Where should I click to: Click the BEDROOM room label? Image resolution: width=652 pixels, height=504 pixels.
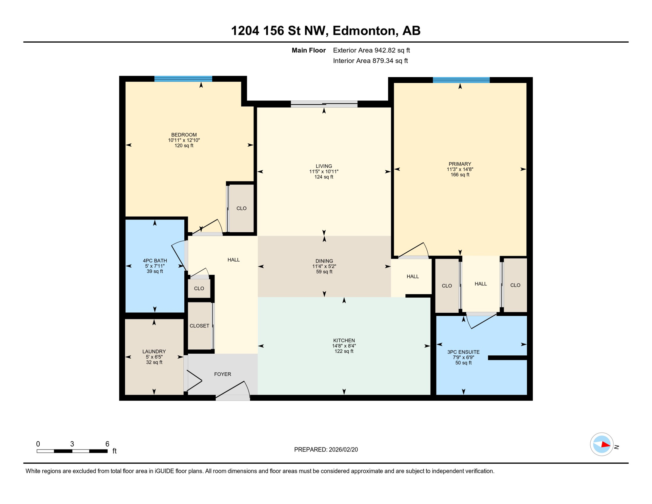[x=184, y=135]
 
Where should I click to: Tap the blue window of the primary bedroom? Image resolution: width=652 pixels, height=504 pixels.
[x=461, y=80]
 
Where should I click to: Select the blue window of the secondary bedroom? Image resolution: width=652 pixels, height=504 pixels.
[x=183, y=78]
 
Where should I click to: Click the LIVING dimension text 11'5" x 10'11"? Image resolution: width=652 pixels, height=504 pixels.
[x=324, y=172]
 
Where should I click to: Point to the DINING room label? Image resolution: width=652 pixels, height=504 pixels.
[x=324, y=261]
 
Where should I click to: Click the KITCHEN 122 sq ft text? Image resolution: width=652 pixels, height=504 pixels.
[x=344, y=351]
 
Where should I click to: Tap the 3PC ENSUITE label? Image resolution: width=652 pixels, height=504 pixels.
[x=463, y=352]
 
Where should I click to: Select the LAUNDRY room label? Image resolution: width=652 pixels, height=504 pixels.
[x=154, y=351]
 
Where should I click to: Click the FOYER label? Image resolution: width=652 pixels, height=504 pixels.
[x=222, y=374]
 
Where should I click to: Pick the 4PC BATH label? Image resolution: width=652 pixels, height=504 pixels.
[x=155, y=261]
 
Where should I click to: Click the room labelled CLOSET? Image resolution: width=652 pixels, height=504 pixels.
[x=199, y=326]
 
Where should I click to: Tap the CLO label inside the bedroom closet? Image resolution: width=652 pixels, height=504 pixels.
[x=241, y=208]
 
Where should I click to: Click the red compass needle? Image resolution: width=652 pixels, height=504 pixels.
[x=605, y=445]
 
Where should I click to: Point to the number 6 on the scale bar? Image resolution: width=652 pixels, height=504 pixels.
[x=107, y=444]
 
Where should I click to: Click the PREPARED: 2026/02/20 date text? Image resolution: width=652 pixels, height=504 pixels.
[x=326, y=450]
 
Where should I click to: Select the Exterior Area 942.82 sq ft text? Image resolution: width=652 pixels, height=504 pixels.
[x=371, y=50]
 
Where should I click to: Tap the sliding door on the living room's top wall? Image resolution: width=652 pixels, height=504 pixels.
[x=324, y=104]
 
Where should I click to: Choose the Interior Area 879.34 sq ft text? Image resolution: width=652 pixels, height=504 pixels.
[x=370, y=61]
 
